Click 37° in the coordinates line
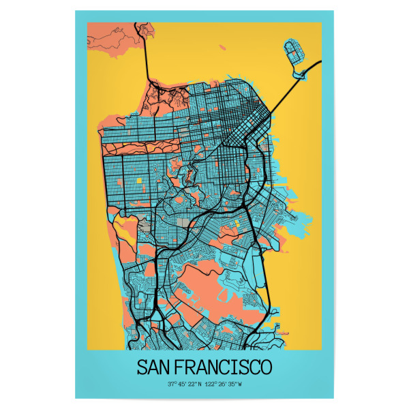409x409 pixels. point(171,384)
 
